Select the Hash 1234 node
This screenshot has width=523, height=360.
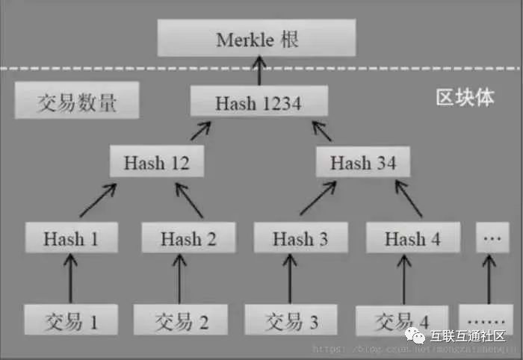(x=259, y=103)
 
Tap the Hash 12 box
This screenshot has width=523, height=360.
(x=157, y=161)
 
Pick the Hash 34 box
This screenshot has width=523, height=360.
(x=363, y=161)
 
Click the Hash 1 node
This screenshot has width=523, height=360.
(x=71, y=238)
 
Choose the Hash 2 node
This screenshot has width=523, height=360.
(x=188, y=238)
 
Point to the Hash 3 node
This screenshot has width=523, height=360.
(x=300, y=238)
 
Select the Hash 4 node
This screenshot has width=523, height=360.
(x=412, y=238)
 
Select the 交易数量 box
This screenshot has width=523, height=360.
(x=77, y=102)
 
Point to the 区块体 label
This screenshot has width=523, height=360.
(x=465, y=98)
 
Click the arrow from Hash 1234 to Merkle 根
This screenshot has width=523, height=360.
(x=259, y=72)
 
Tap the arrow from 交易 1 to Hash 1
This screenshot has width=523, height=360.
(x=72, y=279)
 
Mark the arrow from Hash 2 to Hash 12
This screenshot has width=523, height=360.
(x=188, y=199)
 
